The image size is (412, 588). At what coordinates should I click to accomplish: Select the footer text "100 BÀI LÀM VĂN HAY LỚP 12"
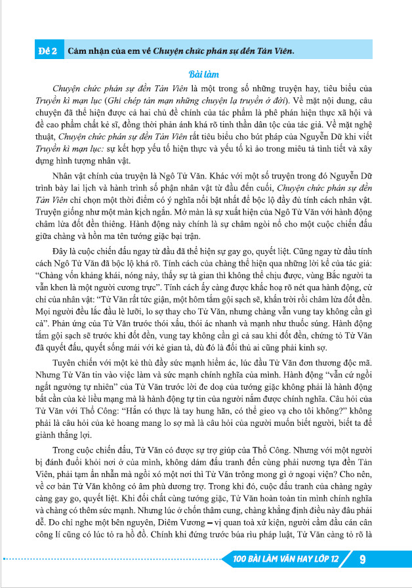pyautogui.click(x=286, y=559)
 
